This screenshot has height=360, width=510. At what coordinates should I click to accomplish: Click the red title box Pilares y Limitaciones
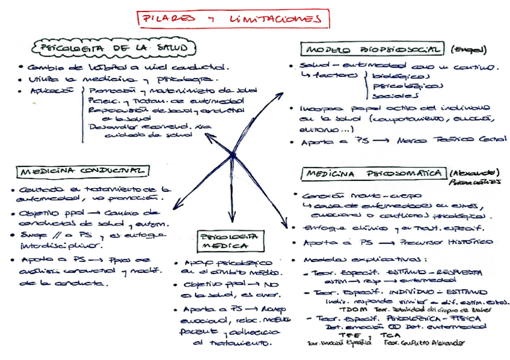[x=233, y=19]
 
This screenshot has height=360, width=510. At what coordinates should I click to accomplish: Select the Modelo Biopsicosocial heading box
[x=373, y=50]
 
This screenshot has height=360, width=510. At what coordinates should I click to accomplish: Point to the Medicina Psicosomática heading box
[x=372, y=174]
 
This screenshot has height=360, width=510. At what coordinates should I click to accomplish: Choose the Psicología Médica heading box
[x=230, y=240]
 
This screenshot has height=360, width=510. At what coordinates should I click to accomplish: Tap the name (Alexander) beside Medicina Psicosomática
[x=475, y=172]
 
